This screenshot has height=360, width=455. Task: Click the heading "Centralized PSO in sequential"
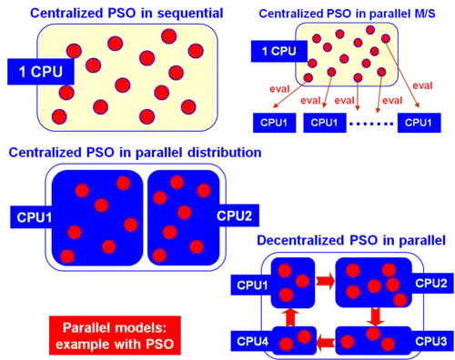tap(126, 14)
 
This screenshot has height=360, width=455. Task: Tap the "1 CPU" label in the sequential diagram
tap(41, 72)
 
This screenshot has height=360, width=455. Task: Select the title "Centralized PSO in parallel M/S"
tap(347, 14)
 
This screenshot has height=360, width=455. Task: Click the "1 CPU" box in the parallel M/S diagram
tap(279, 51)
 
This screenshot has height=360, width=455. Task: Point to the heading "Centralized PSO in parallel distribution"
tap(135, 153)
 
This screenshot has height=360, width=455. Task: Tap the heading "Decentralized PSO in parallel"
tap(351, 240)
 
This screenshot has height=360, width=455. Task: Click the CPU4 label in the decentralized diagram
tap(252, 342)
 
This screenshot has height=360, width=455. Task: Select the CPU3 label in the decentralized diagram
tap(431, 341)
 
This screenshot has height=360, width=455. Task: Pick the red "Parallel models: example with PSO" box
tap(115, 335)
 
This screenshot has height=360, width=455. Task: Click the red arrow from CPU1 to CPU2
tap(325, 281)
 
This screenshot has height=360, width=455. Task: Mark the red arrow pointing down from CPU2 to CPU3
tap(375, 316)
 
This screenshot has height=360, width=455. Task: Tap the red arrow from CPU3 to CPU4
tap(326, 343)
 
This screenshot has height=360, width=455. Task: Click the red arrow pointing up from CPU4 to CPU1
tap(290, 317)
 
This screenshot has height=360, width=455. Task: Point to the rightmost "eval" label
tap(422, 85)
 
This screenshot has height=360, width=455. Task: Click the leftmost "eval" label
tap(279, 89)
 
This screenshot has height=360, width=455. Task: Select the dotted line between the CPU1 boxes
tap(372, 124)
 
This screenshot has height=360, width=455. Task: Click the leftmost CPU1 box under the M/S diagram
tap(275, 123)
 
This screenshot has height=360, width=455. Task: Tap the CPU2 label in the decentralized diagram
tap(432, 283)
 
